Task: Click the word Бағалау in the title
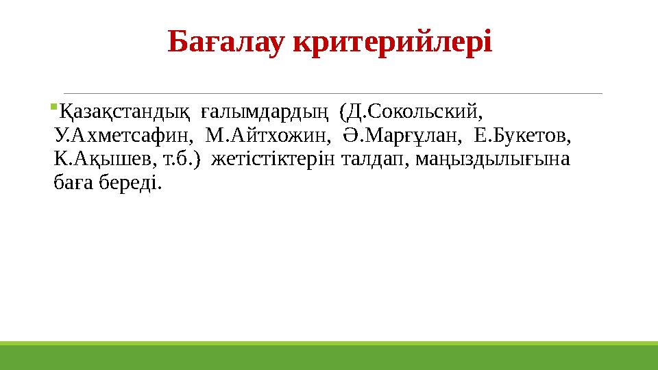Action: (227, 42)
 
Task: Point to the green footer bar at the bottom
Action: (329, 357)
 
